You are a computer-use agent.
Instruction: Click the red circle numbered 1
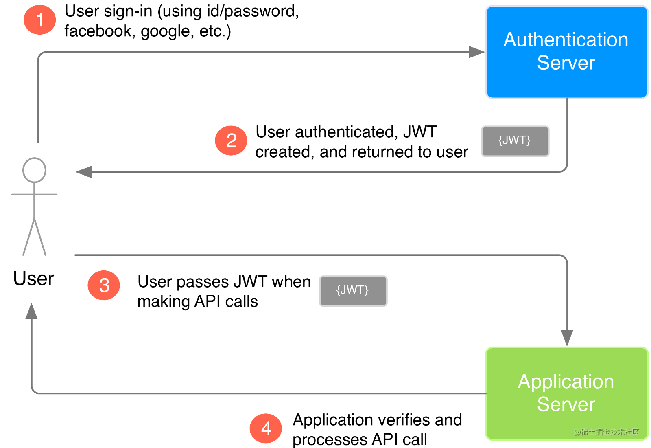point(39,20)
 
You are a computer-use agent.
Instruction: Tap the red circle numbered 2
point(231,141)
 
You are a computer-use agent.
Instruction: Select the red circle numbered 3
point(104,285)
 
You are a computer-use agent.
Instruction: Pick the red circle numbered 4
point(266,428)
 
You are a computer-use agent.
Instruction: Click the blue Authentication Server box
point(566,52)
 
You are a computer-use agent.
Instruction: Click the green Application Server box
point(566,393)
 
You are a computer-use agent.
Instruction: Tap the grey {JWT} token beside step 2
point(515,141)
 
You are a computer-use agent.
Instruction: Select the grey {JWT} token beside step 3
point(353,290)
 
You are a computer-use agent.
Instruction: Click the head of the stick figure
point(34,170)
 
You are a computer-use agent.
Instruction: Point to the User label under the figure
point(33,279)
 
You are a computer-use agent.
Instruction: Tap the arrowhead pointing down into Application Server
point(566,338)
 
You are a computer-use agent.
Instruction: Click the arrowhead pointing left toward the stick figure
point(84,172)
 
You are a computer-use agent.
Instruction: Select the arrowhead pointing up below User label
point(31,311)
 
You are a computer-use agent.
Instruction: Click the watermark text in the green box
point(606,432)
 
